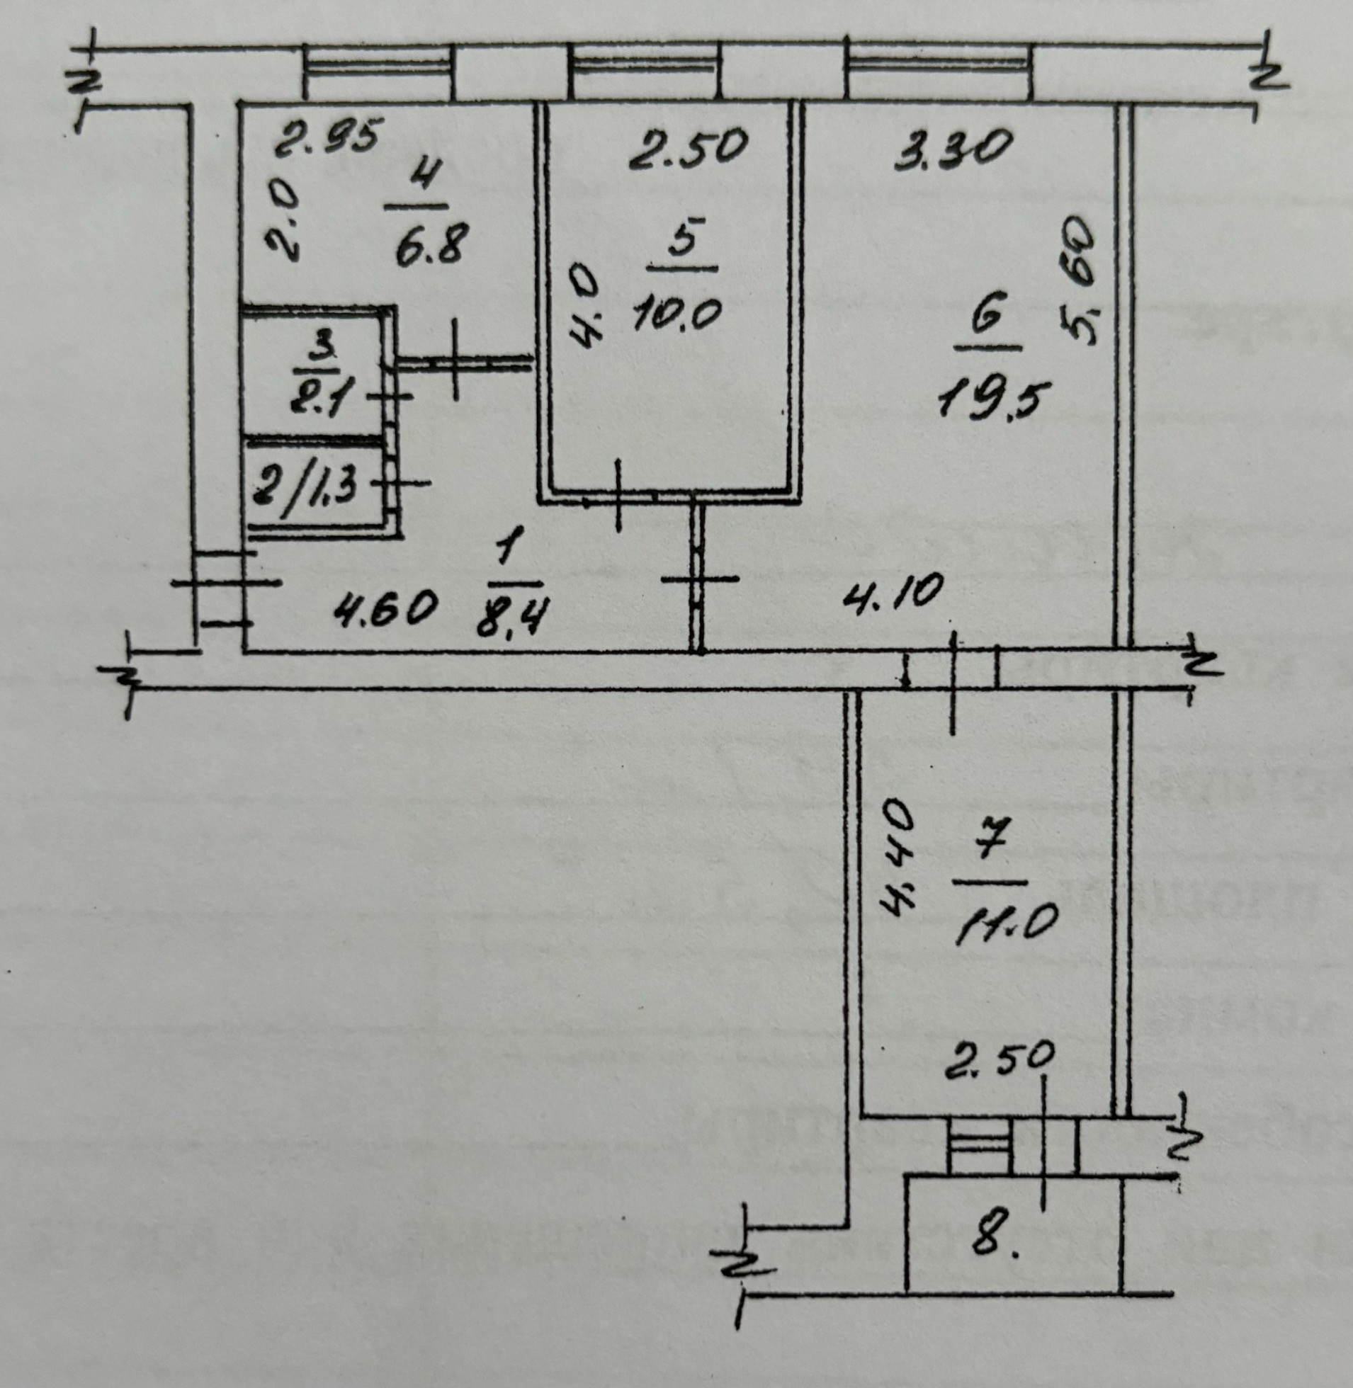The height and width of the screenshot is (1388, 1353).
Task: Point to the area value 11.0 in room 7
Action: pos(998,924)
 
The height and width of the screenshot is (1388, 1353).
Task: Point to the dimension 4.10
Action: pos(894,593)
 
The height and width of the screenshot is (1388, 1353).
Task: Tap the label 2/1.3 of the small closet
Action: pos(306,487)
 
